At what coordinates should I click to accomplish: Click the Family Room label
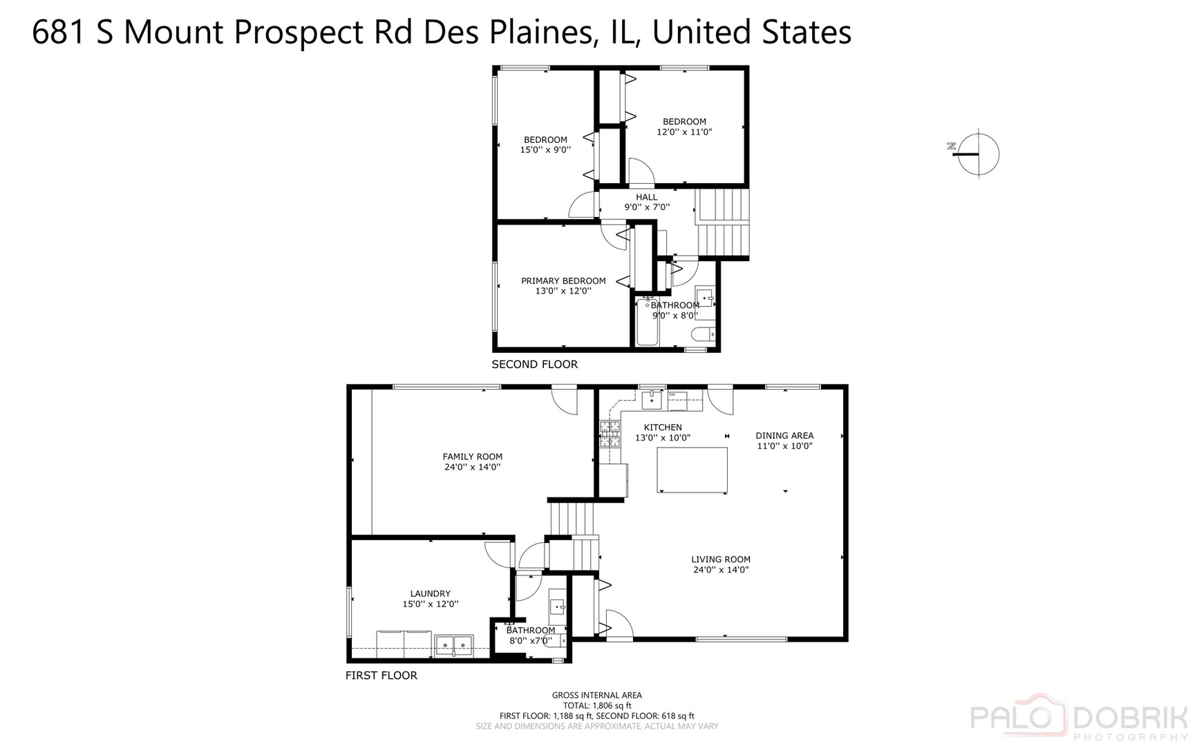(472, 457)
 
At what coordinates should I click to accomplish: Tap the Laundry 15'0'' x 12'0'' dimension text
(430, 604)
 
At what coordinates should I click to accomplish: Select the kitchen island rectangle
(692, 470)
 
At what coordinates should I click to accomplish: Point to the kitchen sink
(651, 399)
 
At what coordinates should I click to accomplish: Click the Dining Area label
(784, 436)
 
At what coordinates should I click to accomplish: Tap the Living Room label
(720, 559)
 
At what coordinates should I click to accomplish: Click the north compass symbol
(977, 153)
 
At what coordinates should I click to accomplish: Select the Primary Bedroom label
(563, 281)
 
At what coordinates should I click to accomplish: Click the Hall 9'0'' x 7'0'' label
(646, 202)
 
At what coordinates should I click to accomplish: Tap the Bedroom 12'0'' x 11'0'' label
(684, 126)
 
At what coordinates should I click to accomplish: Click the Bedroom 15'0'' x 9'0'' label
(545, 144)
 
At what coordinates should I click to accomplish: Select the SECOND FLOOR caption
(534, 364)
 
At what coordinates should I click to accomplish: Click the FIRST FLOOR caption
(381, 675)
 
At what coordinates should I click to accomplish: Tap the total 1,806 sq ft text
(596, 705)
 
